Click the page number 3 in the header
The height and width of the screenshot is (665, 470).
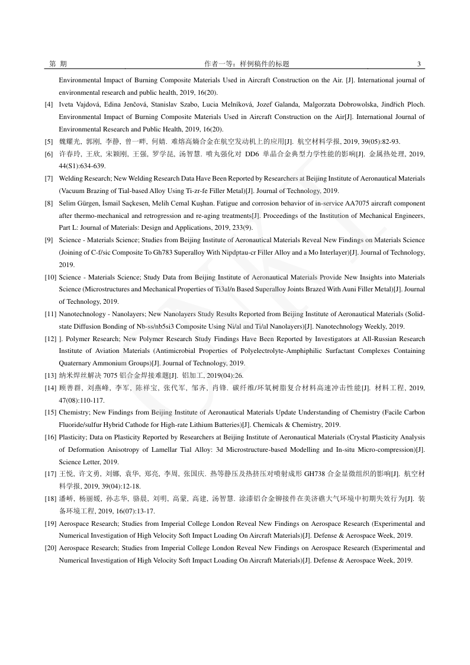(x=419, y=64)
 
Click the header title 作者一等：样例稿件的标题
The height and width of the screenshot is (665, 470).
(x=246, y=64)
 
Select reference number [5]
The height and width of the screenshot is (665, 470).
(x=49, y=142)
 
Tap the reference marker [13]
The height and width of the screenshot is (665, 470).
(x=50, y=375)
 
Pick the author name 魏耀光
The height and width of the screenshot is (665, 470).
(x=68, y=142)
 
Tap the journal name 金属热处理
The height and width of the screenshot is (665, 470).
(x=369, y=154)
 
